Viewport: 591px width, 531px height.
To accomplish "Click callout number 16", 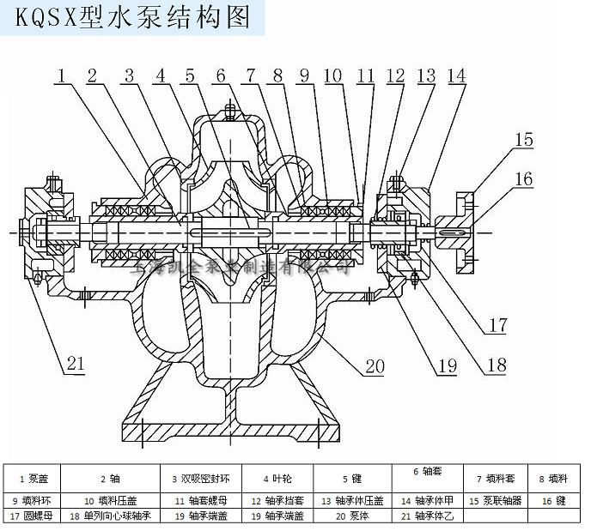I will (525, 179).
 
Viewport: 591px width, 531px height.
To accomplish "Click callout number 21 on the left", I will (76, 363).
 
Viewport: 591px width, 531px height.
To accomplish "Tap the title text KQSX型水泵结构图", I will (132, 15).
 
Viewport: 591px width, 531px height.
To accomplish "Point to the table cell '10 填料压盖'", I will (111, 499).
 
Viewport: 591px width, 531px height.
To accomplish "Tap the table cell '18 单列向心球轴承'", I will (110, 516).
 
